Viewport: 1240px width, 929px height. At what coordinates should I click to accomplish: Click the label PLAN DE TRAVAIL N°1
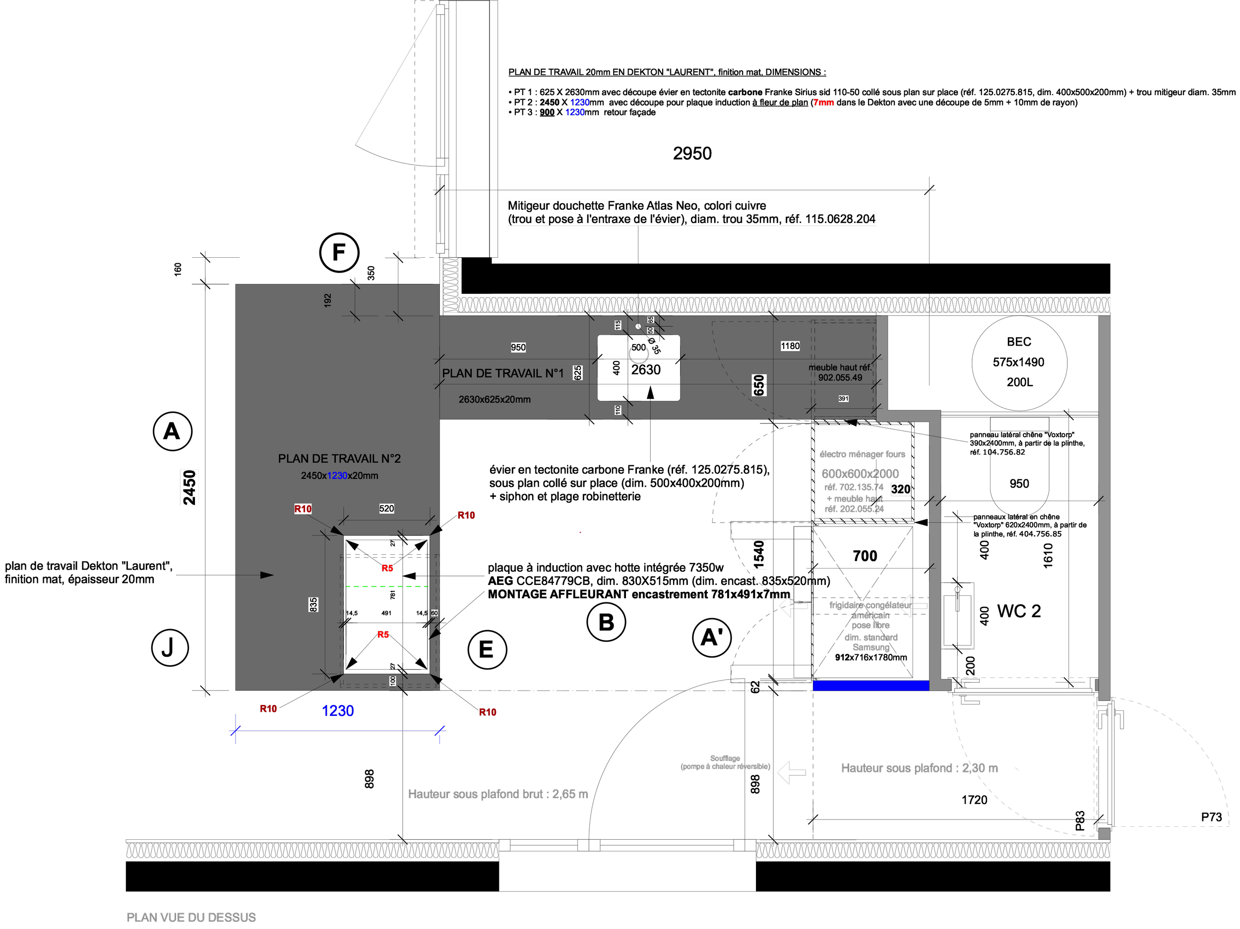click(x=502, y=373)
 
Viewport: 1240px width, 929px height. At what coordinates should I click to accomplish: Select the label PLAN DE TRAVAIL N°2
click(x=339, y=459)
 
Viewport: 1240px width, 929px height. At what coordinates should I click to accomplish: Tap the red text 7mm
click(x=823, y=103)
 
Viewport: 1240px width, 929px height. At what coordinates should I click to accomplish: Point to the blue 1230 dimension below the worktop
click(x=337, y=710)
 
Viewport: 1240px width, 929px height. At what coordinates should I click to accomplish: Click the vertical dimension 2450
click(x=189, y=487)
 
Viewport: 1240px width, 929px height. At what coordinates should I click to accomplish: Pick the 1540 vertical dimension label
click(x=758, y=555)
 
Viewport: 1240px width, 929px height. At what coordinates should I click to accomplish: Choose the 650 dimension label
click(x=758, y=386)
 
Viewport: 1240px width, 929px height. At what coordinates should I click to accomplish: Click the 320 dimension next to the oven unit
click(x=900, y=489)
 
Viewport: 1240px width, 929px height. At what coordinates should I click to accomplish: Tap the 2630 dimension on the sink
click(x=646, y=370)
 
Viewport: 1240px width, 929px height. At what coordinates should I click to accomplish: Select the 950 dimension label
click(x=518, y=348)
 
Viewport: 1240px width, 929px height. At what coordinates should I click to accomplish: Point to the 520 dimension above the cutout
click(x=386, y=509)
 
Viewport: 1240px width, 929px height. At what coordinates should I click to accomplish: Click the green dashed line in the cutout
click(x=387, y=586)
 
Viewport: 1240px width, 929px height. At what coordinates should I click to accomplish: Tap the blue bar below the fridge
click(x=870, y=685)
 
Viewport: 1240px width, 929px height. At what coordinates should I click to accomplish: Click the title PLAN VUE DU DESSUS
click(x=191, y=917)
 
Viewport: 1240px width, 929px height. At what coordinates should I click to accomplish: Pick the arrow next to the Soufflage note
click(x=792, y=772)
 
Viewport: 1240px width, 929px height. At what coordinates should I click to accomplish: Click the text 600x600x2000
click(x=860, y=473)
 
